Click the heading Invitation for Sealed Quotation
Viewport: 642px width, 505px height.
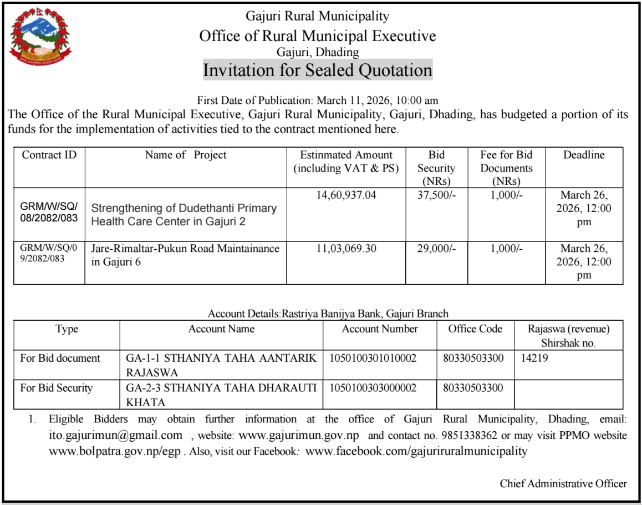coord(317,70)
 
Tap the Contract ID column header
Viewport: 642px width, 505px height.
coord(49,155)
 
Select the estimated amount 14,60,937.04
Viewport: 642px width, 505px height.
coord(346,195)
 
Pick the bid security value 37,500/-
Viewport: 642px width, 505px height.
coord(436,195)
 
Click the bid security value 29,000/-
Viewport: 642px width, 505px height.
coord(436,249)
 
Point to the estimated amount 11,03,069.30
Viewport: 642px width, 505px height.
coord(346,249)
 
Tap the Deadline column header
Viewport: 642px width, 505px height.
coord(584,155)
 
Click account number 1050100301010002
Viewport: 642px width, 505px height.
coord(373,358)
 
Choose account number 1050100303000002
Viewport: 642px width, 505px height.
coord(373,388)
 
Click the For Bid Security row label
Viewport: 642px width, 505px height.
coord(57,388)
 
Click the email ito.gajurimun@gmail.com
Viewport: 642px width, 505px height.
coord(115,435)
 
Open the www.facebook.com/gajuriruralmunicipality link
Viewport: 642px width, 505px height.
coord(416,451)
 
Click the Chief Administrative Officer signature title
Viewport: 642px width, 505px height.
coord(563,484)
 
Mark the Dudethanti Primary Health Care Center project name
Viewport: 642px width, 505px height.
coord(184,215)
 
